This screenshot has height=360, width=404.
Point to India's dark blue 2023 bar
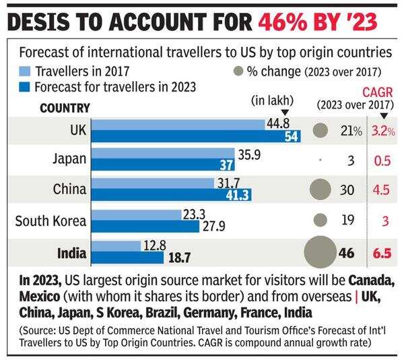point(128,257)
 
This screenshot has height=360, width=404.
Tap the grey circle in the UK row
point(321,130)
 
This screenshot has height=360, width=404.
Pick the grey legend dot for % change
point(236,70)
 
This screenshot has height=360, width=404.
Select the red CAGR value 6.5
point(381,253)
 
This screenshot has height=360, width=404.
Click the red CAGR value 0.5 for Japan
point(382,160)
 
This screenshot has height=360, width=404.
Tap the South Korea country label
point(51,220)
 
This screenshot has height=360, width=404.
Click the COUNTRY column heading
point(65,107)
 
